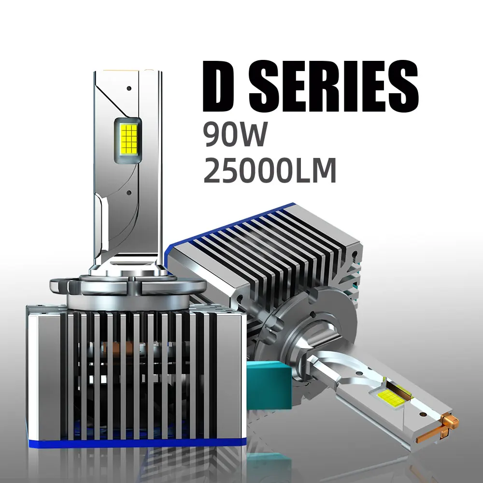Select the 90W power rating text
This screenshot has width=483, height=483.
(x=235, y=135)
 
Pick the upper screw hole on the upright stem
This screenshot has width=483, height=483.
(x=129, y=89)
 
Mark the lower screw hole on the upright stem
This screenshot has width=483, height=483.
(x=129, y=192)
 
